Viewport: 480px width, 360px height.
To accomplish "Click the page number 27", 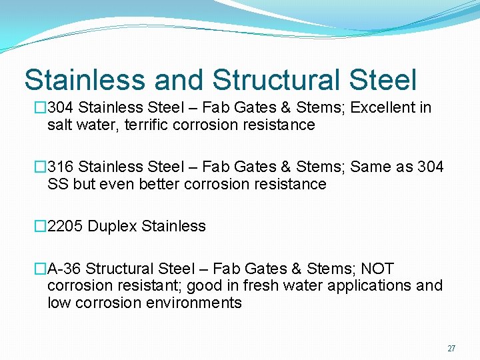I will pyautogui.click(x=451, y=349).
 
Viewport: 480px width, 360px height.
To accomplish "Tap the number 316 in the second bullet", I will pyautogui.click(x=61, y=167).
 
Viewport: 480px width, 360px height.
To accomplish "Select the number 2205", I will pyautogui.click(x=66, y=226).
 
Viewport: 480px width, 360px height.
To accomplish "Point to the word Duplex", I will pyautogui.click(x=113, y=226).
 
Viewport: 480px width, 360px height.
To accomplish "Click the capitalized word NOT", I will pyautogui.click(x=377, y=269).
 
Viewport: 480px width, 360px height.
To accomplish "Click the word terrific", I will pyautogui.click(x=156, y=125).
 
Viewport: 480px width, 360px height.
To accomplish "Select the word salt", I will pyautogui.click(x=59, y=125).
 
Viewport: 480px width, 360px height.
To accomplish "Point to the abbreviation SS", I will pyautogui.click(x=58, y=184).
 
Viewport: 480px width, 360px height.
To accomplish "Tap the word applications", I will pyautogui.click(x=374, y=285).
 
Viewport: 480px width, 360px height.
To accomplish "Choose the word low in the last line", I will pyautogui.click(x=58, y=303).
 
